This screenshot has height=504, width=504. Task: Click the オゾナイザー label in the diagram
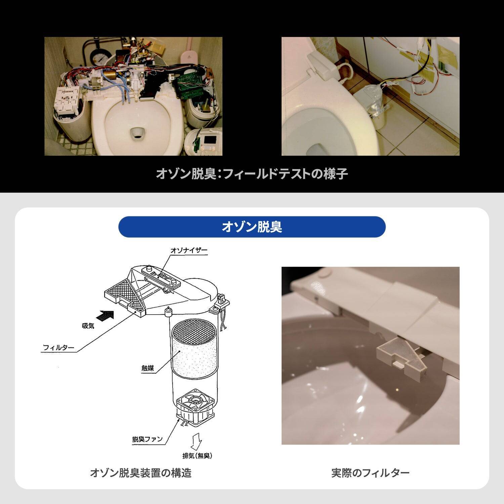pyautogui.click(x=189, y=250)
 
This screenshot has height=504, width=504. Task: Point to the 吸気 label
pyautogui.click(x=88, y=326)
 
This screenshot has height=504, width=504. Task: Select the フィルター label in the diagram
pyautogui.click(x=58, y=347)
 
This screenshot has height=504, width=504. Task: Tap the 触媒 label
pyautogui.click(x=148, y=368)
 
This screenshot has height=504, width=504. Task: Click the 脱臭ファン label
pyautogui.click(x=147, y=439)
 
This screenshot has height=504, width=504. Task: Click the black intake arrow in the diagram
pyautogui.click(x=105, y=316)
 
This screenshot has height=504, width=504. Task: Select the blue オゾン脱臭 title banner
pyautogui.click(x=252, y=227)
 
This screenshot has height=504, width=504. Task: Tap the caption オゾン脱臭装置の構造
pyautogui.click(x=140, y=473)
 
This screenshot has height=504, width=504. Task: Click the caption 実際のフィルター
pyautogui.click(x=370, y=473)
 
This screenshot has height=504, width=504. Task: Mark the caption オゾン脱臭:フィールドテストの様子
pyautogui.click(x=252, y=174)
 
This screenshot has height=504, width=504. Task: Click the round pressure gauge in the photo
pyautogui.click(x=100, y=58)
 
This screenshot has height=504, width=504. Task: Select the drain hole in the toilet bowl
pyautogui.click(x=137, y=133)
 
